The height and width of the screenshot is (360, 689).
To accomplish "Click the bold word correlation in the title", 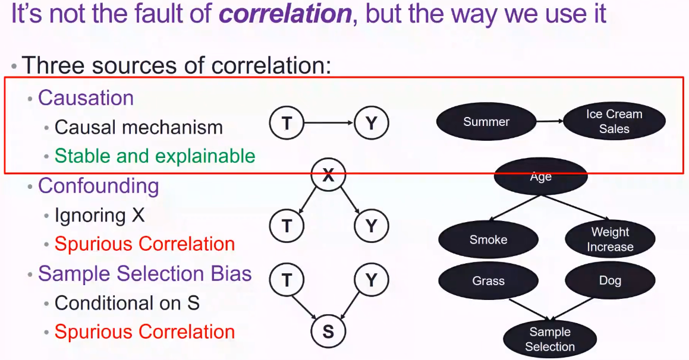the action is [285, 14].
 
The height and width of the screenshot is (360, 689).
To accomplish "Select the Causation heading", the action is [86, 97].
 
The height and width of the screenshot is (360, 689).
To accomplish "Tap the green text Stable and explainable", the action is [155, 156].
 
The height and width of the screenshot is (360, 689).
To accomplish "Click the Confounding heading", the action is [99, 186].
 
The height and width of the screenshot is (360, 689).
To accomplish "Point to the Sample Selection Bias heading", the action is [144, 273].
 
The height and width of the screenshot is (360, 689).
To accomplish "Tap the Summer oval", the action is [486, 122].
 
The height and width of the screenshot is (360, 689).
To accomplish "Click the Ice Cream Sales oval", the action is [614, 121].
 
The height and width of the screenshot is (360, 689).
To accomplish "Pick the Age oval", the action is [540, 176].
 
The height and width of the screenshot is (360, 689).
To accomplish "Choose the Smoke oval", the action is [488, 239].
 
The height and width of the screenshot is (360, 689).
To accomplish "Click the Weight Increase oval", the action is [610, 239].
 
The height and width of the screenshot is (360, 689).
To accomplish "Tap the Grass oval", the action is [488, 280].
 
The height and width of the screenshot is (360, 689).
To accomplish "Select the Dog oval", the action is [610, 280].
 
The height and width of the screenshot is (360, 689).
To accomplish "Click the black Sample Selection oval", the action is [550, 339].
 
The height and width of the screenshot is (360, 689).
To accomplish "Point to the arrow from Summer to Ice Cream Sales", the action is [550, 121].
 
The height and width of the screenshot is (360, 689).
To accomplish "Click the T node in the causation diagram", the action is [287, 123].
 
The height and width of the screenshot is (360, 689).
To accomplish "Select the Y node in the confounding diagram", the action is [372, 226].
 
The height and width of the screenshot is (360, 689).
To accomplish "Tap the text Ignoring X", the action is [99, 215].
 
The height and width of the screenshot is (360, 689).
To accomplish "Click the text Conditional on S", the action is [127, 303].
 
